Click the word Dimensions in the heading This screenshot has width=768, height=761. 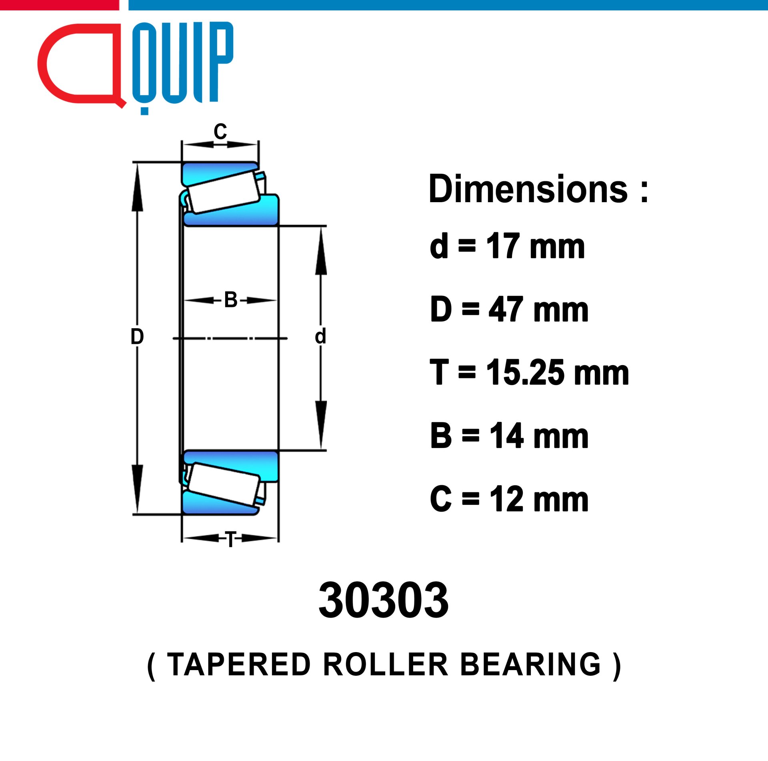point(528,189)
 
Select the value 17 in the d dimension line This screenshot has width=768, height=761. point(503,246)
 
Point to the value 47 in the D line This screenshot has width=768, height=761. point(506,309)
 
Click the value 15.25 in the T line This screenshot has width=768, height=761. point(526,372)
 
